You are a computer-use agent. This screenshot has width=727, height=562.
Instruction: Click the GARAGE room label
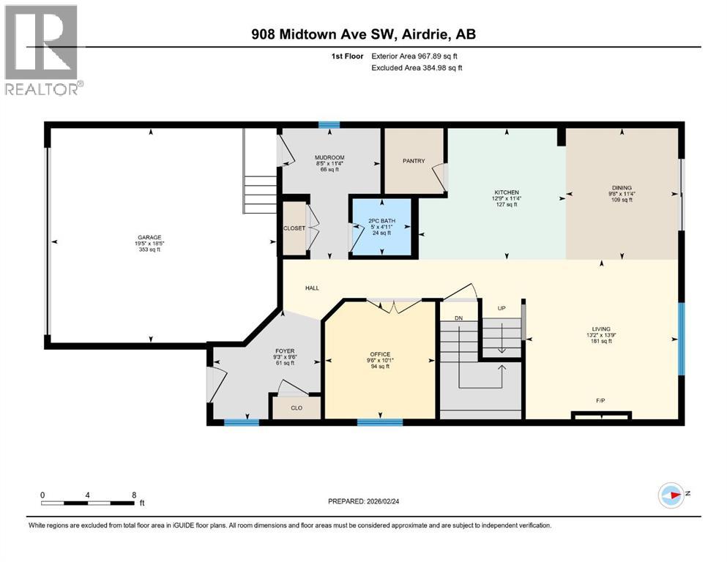(x=149, y=236)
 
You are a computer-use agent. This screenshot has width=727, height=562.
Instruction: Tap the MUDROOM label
(x=329, y=157)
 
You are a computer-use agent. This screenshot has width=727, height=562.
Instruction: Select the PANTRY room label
(x=414, y=161)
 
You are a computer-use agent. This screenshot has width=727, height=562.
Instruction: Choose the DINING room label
(x=622, y=187)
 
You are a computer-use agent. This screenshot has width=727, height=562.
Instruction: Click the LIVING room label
(x=602, y=329)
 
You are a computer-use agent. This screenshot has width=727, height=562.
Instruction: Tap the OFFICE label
(x=380, y=354)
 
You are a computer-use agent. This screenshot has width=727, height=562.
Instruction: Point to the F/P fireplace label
(x=600, y=400)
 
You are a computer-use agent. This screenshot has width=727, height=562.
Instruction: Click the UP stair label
(x=502, y=308)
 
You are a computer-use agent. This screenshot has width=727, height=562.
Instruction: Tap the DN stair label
(x=458, y=318)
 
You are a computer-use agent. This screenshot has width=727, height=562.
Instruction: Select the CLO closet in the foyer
(x=297, y=408)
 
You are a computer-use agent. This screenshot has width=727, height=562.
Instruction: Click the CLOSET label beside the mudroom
(x=294, y=228)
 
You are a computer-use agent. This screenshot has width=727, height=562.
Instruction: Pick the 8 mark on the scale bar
(x=133, y=495)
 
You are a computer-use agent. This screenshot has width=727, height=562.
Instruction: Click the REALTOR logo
(x=42, y=49)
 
